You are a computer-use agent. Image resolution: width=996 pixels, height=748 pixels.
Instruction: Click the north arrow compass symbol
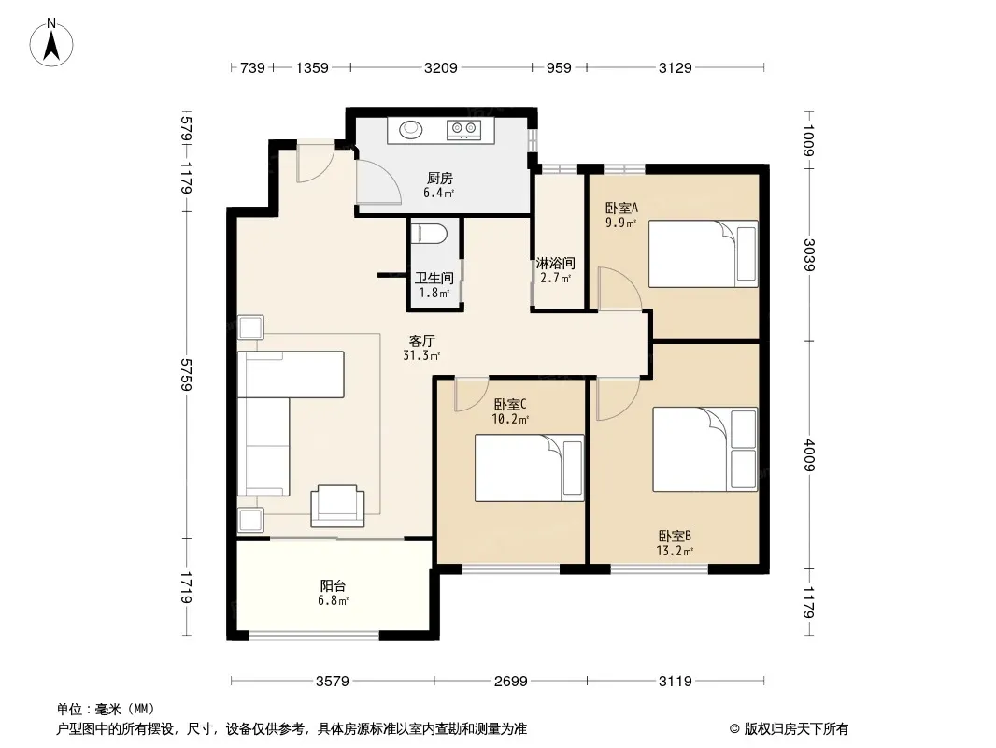pyautogui.click(x=51, y=43)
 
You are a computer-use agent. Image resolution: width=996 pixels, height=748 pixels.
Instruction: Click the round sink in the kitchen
pyautogui.click(x=410, y=130)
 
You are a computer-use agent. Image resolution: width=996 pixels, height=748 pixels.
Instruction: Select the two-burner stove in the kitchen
pyautogui.click(x=463, y=130)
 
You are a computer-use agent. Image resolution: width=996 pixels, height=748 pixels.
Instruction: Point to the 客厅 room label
pyautogui.click(x=421, y=340)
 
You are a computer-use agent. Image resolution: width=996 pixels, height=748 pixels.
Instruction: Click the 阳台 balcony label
pyautogui.click(x=333, y=586)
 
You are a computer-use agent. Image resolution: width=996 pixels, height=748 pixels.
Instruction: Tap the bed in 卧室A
pyautogui.click(x=704, y=254)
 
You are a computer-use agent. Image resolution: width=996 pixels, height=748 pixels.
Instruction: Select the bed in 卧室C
pyautogui.click(x=529, y=467)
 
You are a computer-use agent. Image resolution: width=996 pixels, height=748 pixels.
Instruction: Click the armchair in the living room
pyautogui.click(x=337, y=506)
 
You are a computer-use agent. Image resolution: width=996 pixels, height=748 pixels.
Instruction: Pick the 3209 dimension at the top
pyautogui.click(x=440, y=67)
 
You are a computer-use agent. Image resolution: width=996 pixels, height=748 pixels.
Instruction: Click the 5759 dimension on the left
pyautogui.click(x=186, y=374)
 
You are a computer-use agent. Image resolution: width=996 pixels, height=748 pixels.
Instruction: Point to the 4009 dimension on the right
pyautogui.click(x=808, y=455)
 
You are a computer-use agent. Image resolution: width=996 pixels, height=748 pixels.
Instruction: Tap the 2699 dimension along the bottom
pyautogui.click(x=511, y=682)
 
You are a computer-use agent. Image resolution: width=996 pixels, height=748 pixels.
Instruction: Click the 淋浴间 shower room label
pyautogui.click(x=555, y=263)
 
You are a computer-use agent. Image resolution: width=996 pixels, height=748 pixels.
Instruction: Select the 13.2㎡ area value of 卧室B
pyautogui.click(x=675, y=551)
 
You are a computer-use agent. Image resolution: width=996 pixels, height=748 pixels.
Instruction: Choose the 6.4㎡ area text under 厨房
pyautogui.click(x=439, y=193)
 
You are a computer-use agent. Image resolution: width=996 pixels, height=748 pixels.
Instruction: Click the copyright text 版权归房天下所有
pyautogui.click(x=796, y=729)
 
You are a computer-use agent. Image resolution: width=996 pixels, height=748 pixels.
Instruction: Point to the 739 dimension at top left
pyautogui.click(x=252, y=67)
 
